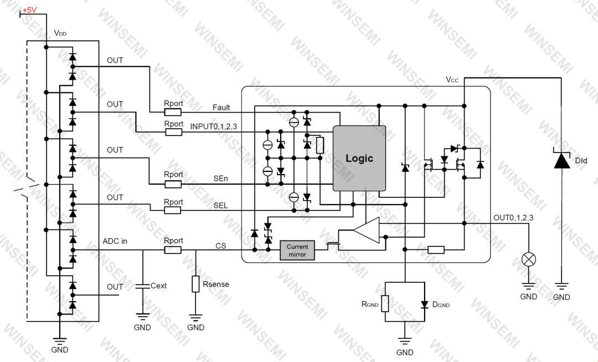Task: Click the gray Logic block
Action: coord(359,158)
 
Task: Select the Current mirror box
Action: coord(297,250)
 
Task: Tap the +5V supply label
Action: coord(30,10)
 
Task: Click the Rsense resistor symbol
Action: coord(195,284)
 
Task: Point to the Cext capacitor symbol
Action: coord(143,286)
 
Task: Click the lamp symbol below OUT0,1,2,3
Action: coord(529,260)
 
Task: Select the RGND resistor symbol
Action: coord(385,303)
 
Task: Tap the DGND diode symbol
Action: coord(425,305)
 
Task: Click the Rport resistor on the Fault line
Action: coord(173,112)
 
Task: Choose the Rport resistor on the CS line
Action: coord(173,250)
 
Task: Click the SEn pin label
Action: coord(220,178)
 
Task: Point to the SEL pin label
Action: coord(220,206)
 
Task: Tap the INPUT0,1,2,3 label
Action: coord(214,126)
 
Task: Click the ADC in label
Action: coord(115,242)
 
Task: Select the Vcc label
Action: coord(452,80)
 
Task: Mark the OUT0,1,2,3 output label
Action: coord(513,218)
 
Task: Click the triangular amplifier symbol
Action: coord(367,230)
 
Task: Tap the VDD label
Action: coord(60,33)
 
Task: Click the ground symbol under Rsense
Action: coord(195,317)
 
